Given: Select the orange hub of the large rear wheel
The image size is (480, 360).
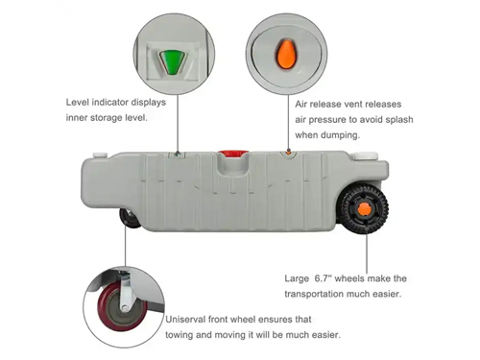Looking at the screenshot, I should click(364, 209).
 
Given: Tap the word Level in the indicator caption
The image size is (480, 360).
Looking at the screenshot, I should click(80, 102).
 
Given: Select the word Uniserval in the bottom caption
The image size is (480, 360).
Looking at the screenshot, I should click(192, 320).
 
